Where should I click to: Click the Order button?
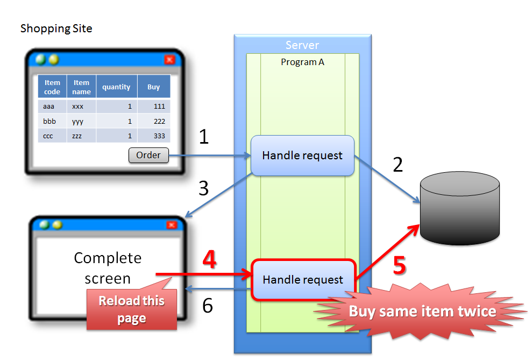coord(148,156)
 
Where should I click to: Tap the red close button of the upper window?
coord(169,60)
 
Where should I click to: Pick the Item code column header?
coord(52,87)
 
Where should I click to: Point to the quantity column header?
coord(116,87)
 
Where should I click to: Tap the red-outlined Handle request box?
coord(302,280)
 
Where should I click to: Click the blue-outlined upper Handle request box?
coord(302,156)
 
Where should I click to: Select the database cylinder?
coord(459,207)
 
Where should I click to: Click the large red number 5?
coord(399,265)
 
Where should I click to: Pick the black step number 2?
coord(398,164)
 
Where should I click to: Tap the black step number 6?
coord(207,306)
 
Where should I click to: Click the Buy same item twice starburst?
coord(422,311)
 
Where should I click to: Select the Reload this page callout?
coord(132,309)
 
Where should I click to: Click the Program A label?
coord(302,62)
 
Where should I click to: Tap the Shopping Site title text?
coord(56,29)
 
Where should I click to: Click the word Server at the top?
coord(302,45)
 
